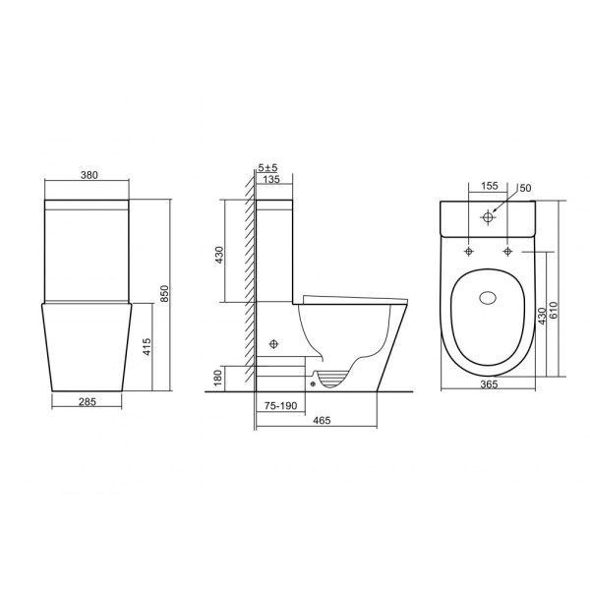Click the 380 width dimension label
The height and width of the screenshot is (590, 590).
[x=89, y=175]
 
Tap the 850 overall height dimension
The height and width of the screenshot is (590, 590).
[x=165, y=293]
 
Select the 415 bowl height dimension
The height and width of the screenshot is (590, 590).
[x=147, y=346]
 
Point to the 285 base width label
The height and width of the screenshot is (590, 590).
[x=88, y=402]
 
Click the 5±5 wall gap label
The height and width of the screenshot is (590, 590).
[x=267, y=167]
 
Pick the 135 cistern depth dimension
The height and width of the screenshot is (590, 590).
[x=271, y=179]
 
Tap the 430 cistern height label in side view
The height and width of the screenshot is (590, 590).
[x=219, y=255]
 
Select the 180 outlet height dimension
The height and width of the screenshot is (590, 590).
[x=217, y=379]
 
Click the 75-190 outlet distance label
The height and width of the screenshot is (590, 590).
[x=280, y=405]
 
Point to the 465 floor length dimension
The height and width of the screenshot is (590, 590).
[x=322, y=420]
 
